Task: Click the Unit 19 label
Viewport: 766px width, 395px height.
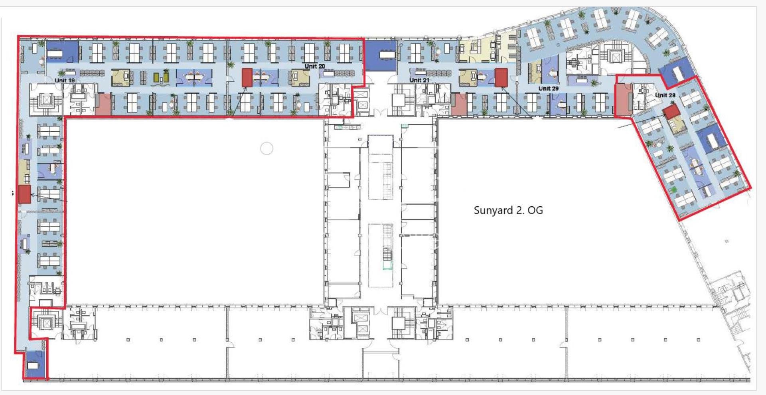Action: pyautogui.click(x=65, y=80)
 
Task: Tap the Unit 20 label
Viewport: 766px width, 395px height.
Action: pyautogui.click(x=315, y=66)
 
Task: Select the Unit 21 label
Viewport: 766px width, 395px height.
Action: pyautogui.click(x=419, y=80)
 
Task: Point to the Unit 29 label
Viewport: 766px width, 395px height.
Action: pyautogui.click(x=549, y=88)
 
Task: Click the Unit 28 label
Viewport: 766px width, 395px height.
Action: pyautogui.click(x=665, y=95)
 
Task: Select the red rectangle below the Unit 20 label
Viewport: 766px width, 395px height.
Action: pyautogui.click(x=247, y=77)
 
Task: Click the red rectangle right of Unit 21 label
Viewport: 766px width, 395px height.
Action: pyautogui.click(x=501, y=77)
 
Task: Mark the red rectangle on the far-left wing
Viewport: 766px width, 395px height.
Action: pyautogui.click(x=25, y=194)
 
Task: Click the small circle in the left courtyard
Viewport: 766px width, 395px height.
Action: pyautogui.click(x=267, y=149)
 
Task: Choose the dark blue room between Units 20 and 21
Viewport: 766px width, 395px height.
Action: pyautogui.click(x=381, y=55)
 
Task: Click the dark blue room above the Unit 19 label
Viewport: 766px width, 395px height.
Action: pyautogui.click(x=62, y=51)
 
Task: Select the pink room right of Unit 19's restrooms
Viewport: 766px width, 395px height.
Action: pyautogui.click(x=103, y=105)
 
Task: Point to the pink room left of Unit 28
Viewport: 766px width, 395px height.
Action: pyautogui.click(x=623, y=101)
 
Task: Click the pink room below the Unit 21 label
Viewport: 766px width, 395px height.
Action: pyautogui.click(x=459, y=105)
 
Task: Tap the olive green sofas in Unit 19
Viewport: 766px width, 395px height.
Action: pyautogui.click(x=162, y=77)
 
